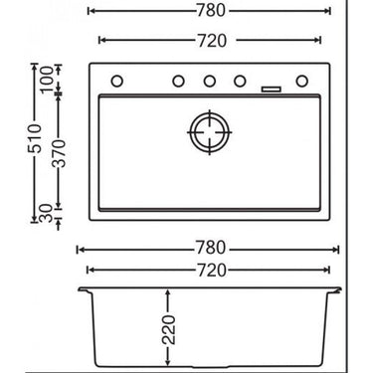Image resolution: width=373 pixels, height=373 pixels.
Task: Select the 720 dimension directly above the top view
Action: coord(210,42)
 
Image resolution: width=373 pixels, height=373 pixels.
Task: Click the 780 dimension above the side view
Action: coord(210,249)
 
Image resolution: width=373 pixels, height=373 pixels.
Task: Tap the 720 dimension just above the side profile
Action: coord(210,271)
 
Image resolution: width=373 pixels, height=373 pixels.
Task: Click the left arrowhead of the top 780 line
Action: coord(92,13)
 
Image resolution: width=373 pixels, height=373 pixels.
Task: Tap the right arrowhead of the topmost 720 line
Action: coord(318,42)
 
